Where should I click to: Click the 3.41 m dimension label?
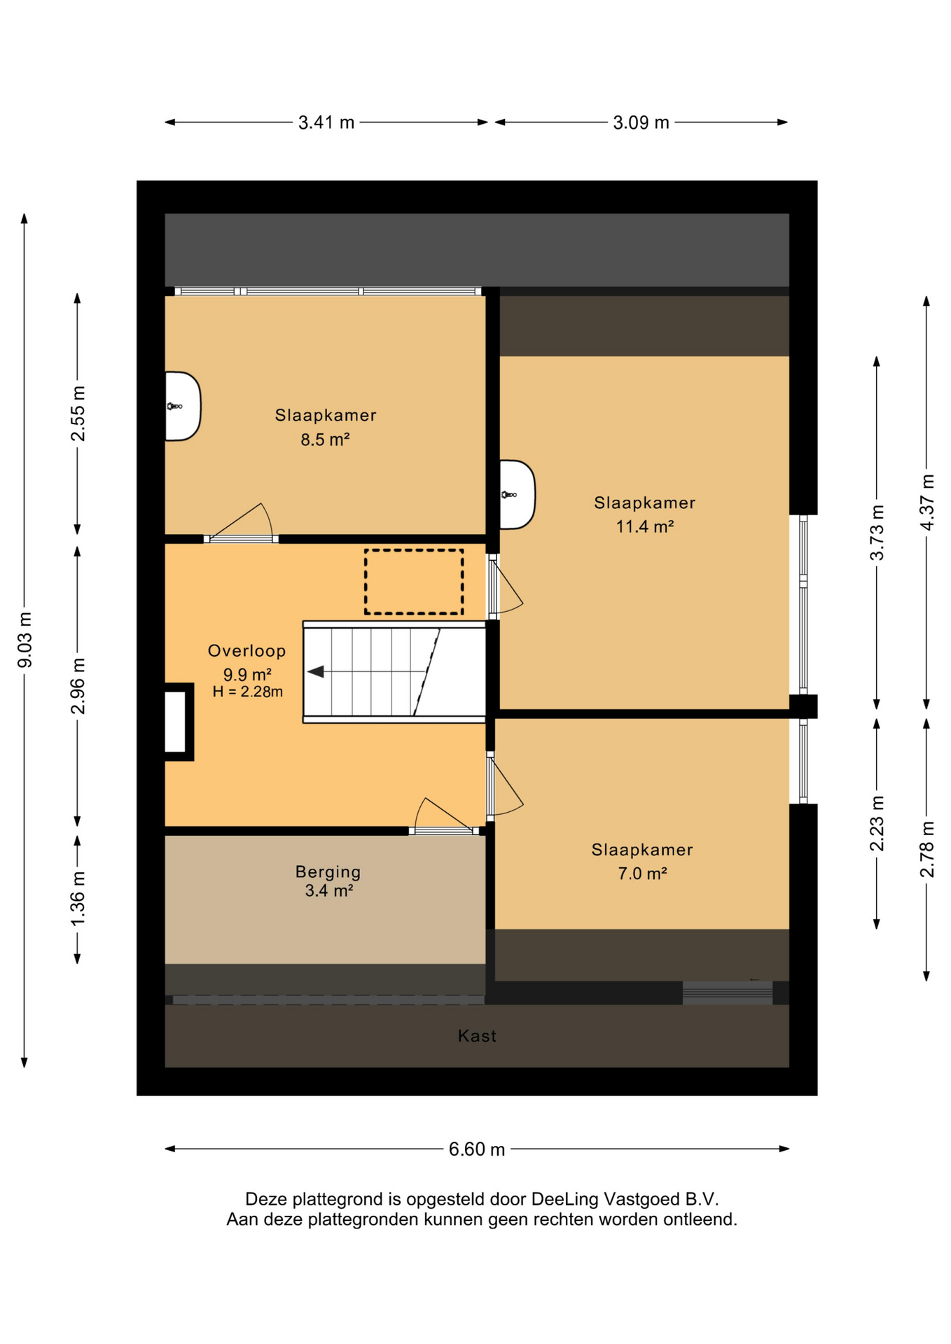click(x=326, y=122)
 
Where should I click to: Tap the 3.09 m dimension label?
click(x=641, y=122)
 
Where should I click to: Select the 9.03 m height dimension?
click(x=25, y=639)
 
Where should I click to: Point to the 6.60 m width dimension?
click(x=477, y=1149)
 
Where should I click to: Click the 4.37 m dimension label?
click(x=927, y=503)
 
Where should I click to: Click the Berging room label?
click(x=328, y=872)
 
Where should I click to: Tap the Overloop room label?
click(x=247, y=651)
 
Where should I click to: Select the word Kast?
click(x=477, y=1036)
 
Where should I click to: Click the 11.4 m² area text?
click(x=645, y=526)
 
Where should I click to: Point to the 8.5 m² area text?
click(x=325, y=440)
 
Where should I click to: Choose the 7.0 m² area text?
click(x=642, y=874)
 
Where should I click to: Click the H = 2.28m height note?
click(x=248, y=692)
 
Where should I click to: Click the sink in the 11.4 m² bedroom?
click(x=517, y=495)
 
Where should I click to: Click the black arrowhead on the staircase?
click(x=316, y=672)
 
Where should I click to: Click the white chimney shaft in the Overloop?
click(x=175, y=722)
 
